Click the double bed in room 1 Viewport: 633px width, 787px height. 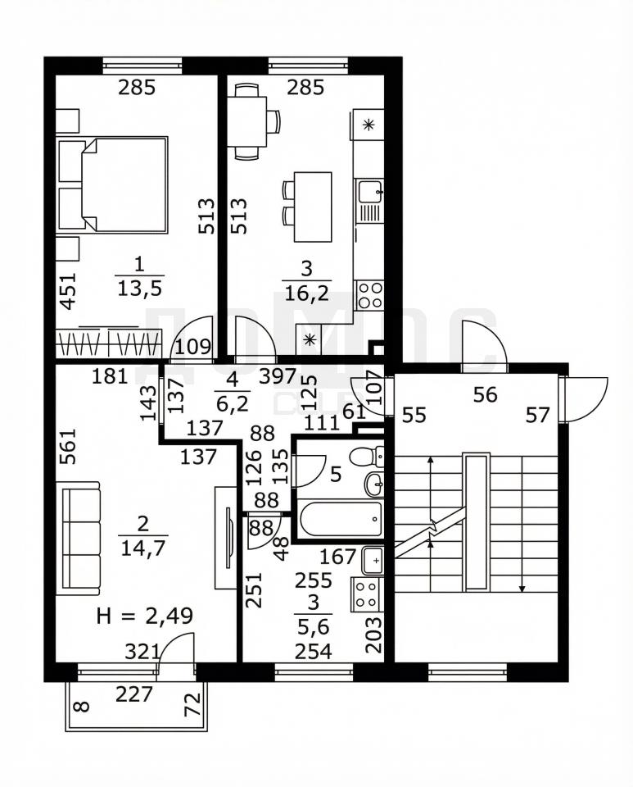[x=113, y=185]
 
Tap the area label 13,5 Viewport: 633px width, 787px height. [x=139, y=289]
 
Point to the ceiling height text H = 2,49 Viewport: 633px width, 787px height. [x=144, y=616]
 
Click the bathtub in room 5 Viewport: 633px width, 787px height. [x=340, y=519]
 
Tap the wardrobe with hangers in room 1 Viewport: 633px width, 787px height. [x=109, y=343]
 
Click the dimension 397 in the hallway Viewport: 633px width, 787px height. [x=278, y=376]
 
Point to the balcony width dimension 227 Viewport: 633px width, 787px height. [x=133, y=694]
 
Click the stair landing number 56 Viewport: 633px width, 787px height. [x=485, y=395]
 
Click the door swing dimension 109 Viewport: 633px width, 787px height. [x=193, y=347]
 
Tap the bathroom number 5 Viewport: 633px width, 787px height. [x=336, y=473]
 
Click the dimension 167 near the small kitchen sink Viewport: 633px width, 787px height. [x=338, y=556]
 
